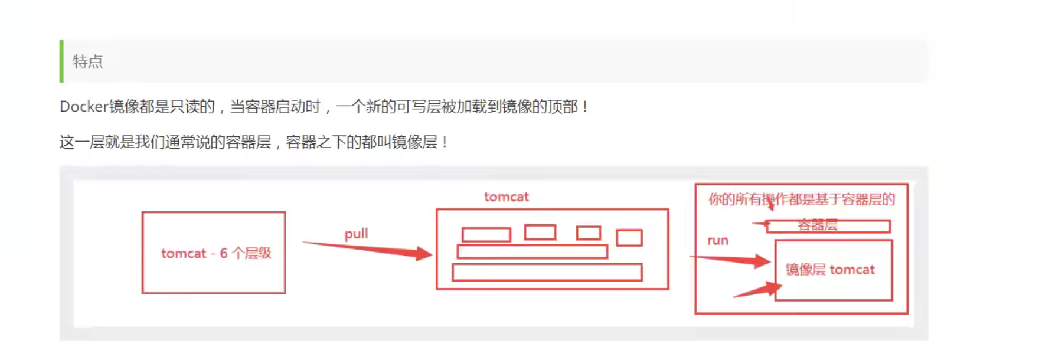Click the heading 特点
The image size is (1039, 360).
coord(87,61)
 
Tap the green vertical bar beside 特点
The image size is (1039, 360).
coord(61,61)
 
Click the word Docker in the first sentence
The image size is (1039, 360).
coord(84,106)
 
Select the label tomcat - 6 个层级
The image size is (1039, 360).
coord(216,253)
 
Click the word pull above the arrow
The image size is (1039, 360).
coord(356,234)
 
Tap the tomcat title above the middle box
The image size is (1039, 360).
coord(507,197)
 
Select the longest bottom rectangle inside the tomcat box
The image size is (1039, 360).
coord(547,272)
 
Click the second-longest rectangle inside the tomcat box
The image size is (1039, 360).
coord(532,252)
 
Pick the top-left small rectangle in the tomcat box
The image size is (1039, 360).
coord(486,235)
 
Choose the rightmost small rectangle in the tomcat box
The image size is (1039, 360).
coord(629,238)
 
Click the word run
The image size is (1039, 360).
coord(718,240)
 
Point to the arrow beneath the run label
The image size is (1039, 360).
coord(730,260)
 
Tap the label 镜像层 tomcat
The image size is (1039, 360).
coord(829,270)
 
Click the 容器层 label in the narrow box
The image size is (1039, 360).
coord(818,225)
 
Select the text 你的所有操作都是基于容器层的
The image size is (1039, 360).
coord(802,199)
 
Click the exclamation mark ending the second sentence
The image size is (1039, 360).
coord(445,142)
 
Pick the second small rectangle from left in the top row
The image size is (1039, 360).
coord(540,232)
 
